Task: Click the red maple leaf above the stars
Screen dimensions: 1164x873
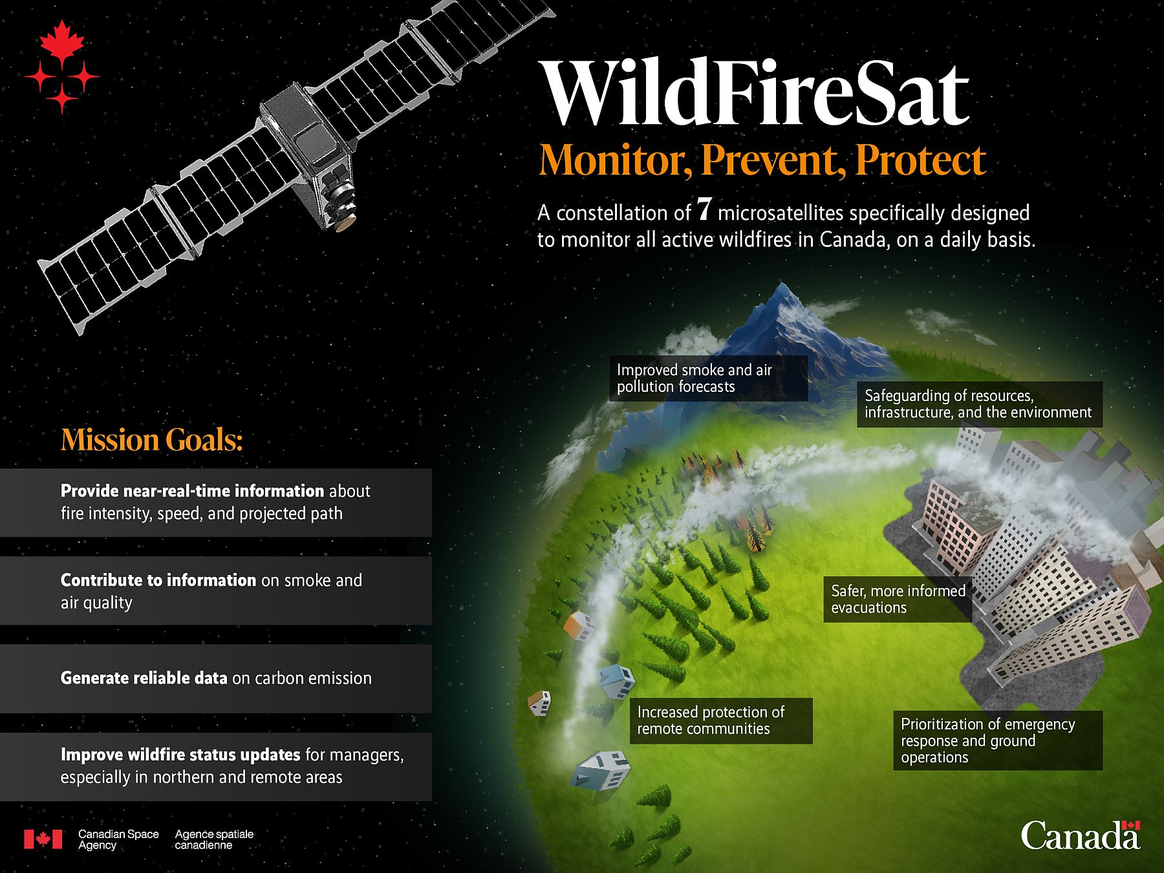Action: pos(62,41)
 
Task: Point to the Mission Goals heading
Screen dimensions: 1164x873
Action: pos(152,440)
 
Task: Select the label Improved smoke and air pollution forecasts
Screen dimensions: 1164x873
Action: pos(708,378)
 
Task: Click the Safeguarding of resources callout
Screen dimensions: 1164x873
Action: pos(979,404)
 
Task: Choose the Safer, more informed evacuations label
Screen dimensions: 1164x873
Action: pos(898,599)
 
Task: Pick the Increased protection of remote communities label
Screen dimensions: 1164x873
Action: pos(720,720)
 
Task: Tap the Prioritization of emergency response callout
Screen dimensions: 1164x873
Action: pos(998,740)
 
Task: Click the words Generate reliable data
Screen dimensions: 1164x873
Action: pos(144,678)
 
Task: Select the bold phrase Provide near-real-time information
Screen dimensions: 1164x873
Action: pos(192,491)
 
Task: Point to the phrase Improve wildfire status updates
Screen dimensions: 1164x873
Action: pos(180,755)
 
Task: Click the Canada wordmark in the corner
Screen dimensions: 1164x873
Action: pos(1081,835)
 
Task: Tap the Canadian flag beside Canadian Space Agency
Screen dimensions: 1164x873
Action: pos(43,839)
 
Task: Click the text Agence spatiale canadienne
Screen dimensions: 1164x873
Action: pos(214,839)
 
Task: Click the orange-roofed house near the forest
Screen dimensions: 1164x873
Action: pos(579,625)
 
